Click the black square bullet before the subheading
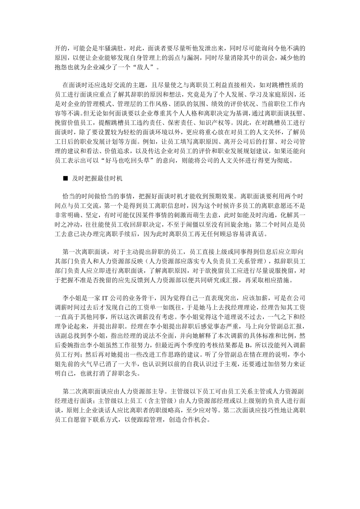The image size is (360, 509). pos(65,178)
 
